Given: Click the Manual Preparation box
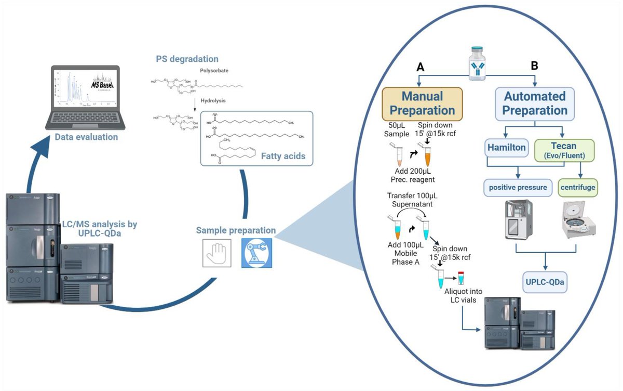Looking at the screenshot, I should [x=422, y=103].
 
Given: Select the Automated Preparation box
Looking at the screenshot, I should [x=534, y=103].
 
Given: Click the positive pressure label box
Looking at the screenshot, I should [x=516, y=187].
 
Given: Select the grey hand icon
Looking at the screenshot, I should [x=217, y=253].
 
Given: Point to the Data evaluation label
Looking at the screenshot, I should [x=86, y=137].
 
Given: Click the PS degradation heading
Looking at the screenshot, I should [x=187, y=59].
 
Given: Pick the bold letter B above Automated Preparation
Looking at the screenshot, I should [x=534, y=67].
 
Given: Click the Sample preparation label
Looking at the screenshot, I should [x=236, y=230].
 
